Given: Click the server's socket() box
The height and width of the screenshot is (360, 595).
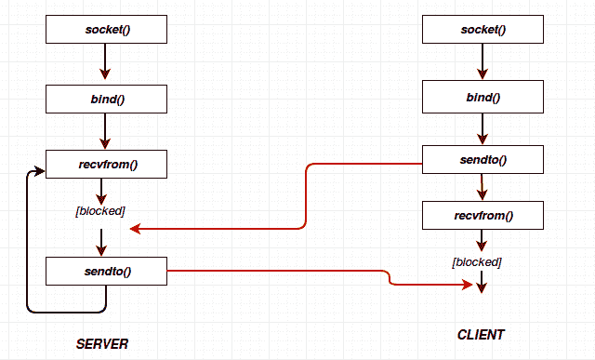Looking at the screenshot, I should click(106, 30).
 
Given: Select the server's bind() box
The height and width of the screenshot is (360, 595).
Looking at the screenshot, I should click(106, 98).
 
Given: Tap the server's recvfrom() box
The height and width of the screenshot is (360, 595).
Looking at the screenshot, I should click(106, 165).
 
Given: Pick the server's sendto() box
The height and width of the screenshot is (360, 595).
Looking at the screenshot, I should click(106, 272).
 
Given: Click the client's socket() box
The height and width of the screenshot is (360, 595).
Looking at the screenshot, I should click(483, 30).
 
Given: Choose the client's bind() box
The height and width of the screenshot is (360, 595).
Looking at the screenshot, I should click(483, 97).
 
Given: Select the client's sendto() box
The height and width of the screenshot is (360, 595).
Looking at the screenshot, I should click(483, 159).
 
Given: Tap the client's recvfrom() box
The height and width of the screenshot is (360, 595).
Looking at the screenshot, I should click(483, 217).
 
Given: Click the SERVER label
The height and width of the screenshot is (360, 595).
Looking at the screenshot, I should click(102, 344).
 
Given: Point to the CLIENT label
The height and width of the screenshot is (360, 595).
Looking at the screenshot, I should click(481, 334).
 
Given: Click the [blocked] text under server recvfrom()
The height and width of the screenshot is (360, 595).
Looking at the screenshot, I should click(100, 211).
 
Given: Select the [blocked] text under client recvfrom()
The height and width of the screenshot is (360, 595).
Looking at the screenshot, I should click(477, 262).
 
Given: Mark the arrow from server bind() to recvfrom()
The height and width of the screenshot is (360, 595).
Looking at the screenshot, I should click(106, 130).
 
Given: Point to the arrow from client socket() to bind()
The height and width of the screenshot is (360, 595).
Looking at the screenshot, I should click(483, 62).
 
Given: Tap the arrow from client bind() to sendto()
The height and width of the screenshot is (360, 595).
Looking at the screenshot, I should click(483, 128).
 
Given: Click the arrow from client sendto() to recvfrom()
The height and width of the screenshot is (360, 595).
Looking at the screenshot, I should click(483, 188).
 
